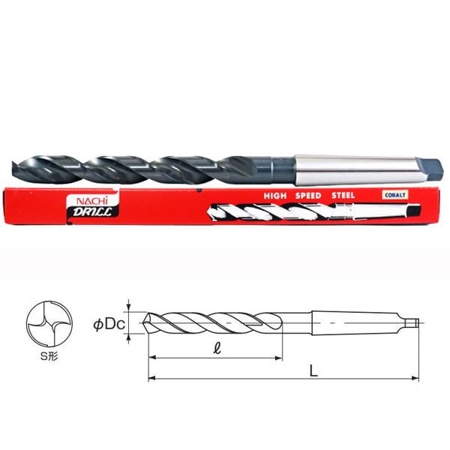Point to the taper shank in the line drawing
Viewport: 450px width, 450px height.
coord(352,323)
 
